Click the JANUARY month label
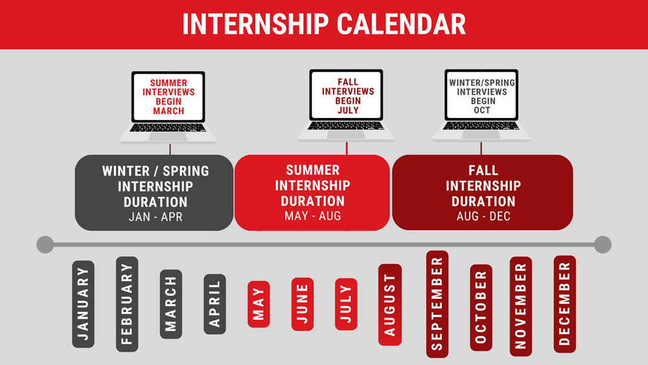[83, 304]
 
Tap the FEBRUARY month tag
[127, 304]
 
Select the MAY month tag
[259, 304]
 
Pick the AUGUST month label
[389, 305]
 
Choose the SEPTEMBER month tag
[437, 304]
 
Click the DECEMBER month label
[564, 304]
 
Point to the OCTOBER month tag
[481, 307]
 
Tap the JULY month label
[346, 304]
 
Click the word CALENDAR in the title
[401, 25]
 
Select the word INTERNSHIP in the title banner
[255, 25]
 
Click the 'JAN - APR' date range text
[156, 217]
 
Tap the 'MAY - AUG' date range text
[313, 216]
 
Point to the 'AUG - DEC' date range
[483, 216]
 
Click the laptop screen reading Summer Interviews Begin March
[168, 97]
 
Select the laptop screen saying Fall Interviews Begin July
[346, 95]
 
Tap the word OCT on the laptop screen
[482, 110]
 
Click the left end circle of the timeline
[45, 244]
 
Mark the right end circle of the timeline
[603, 244]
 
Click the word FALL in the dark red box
[483, 171]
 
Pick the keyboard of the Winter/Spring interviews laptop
[481, 126]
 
